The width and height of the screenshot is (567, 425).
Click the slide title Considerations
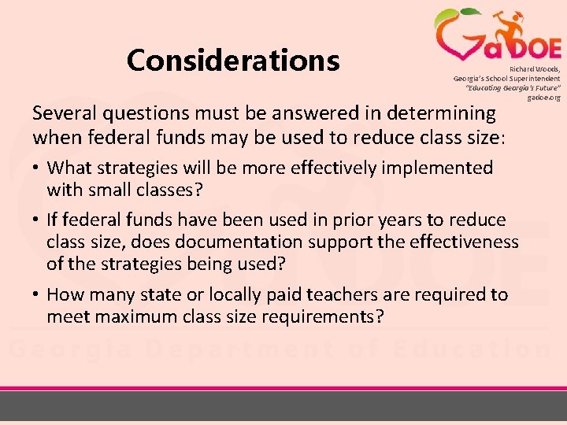point(233,60)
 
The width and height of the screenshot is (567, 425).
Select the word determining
point(446,113)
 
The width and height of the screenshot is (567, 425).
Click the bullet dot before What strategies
point(37,168)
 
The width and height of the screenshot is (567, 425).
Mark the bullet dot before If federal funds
point(37,220)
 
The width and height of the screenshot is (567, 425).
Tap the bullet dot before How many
point(37,295)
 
